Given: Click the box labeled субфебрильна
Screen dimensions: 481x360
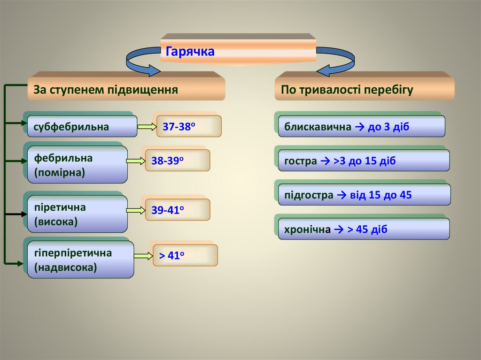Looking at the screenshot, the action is click(82, 126).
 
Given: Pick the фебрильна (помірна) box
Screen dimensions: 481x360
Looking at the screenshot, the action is click(77, 165).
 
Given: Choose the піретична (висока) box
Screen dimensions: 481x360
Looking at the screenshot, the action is click(77, 214).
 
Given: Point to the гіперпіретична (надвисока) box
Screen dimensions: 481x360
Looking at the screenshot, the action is click(80, 260).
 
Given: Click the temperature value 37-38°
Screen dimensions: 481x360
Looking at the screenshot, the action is click(188, 126).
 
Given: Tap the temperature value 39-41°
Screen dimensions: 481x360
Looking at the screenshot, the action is click(177, 210).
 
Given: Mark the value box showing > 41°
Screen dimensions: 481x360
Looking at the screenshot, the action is click(185, 256).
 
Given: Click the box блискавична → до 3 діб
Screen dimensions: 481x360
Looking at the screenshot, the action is click(361, 127).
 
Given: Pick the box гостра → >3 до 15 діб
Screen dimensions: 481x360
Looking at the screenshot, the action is click(364, 161).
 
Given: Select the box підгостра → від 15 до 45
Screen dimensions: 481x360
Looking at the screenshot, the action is click(364, 195).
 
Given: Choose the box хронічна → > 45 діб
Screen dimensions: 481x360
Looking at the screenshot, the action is click(364, 230).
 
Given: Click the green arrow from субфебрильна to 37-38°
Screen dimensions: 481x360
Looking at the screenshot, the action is click(147, 126).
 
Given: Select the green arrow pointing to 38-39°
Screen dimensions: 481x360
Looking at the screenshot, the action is click(136, 161).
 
